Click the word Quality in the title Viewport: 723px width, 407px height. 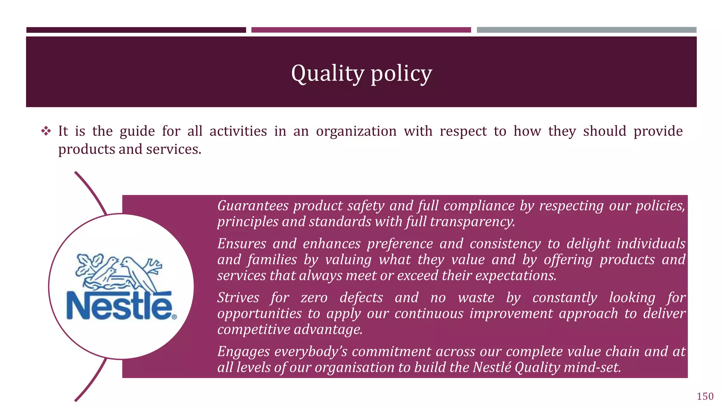click(x=327, y=73)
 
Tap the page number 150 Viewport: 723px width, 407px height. click(x=705, y=396)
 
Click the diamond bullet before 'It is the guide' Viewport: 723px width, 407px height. click(x=46, y=131)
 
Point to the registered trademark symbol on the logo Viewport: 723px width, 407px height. click(x=174, y=317)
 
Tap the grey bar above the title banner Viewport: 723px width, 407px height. click(x=586, y=30)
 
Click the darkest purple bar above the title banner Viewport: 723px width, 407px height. click(x=136, y=30)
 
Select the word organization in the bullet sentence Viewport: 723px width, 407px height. click(x=356, y=131)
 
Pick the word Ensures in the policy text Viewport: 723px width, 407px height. click(x=242, y=244)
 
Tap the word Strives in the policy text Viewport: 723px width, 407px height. click(x=238, y=297)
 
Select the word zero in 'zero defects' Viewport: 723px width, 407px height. click(x=314, y=297)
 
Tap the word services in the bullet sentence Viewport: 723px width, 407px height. click(x=173, y=149)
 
